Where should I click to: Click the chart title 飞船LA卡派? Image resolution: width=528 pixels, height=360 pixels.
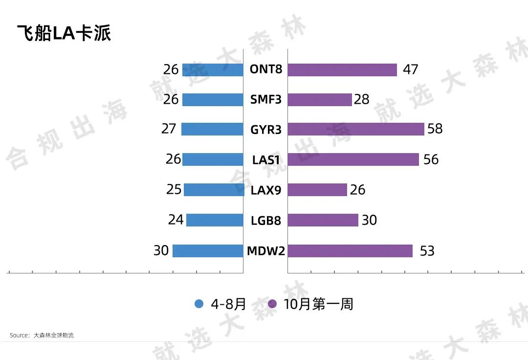[x=64, y=33]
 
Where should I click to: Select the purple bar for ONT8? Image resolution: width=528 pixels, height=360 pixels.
[x=342, y=70]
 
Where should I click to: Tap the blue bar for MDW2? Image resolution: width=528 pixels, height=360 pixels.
[x=208, y=251]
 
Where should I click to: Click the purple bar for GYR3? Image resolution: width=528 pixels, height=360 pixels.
[x=355, y=129]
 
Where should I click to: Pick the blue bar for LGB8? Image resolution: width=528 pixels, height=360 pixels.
[x=215, y=220]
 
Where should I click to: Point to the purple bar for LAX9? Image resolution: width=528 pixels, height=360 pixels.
[x=317, y=190]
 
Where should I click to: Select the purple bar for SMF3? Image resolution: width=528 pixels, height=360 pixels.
[x=320, y=100]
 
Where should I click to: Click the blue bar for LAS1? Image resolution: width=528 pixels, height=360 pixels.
[x=213, y=159]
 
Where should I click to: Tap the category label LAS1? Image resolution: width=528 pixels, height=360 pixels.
[x=265, y=160]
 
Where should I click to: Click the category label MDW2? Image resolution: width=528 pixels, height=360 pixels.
[x=265, y=251]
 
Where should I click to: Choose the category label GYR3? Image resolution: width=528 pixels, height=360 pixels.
[x=265, y=130]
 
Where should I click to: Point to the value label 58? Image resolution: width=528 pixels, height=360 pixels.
[x=435, y=129]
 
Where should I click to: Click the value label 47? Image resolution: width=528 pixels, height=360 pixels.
[x=410, y=70]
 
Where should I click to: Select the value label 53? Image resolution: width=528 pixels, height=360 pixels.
[x=427, y=251]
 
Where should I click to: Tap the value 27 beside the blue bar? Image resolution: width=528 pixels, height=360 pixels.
[x=169, y=129]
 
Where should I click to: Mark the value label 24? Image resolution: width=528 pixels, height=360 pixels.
[x=176, y=220]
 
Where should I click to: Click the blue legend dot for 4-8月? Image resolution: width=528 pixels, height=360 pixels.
[x=199, y=304]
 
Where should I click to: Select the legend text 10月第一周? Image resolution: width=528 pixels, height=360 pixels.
[x=318, y=304]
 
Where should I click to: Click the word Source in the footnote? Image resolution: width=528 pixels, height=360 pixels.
[x=19, y=336]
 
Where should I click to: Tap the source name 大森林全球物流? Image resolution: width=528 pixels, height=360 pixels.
[x=54, y=336]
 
